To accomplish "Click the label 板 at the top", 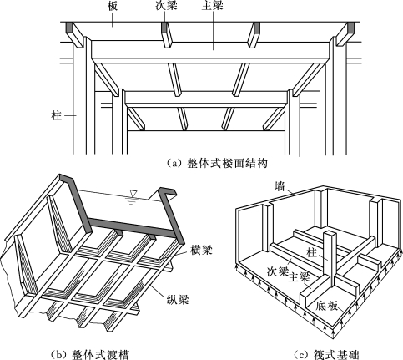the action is click(x=113, y=6).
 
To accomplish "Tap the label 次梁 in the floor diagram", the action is click(x=166, y=6).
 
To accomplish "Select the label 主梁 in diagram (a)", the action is click(x=213, y=6).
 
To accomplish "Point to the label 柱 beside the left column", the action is click(x=56, y=115).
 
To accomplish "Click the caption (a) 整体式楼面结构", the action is click(x=217, y=163).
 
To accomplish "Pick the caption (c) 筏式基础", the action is click(x=326, y=355).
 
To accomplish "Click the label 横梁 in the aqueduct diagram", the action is click(x=201, y=250).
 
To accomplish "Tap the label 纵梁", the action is click(x=178, y=300).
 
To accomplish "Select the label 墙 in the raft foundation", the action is click(x=280, y=186).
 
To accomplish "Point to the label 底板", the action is click(x=327, y=306).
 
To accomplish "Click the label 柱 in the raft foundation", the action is click(x=311, y=253).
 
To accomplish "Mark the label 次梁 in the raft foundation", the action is click(x=277, y=271).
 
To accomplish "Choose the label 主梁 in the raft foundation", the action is click(x=299, y=277).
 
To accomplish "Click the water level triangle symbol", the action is click(x=133, y=193).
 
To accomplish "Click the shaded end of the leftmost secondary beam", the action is click(x=68, y=28).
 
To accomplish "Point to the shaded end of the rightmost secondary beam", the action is click(x=351, y=28).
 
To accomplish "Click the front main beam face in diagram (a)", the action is click(x=210, y=50).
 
